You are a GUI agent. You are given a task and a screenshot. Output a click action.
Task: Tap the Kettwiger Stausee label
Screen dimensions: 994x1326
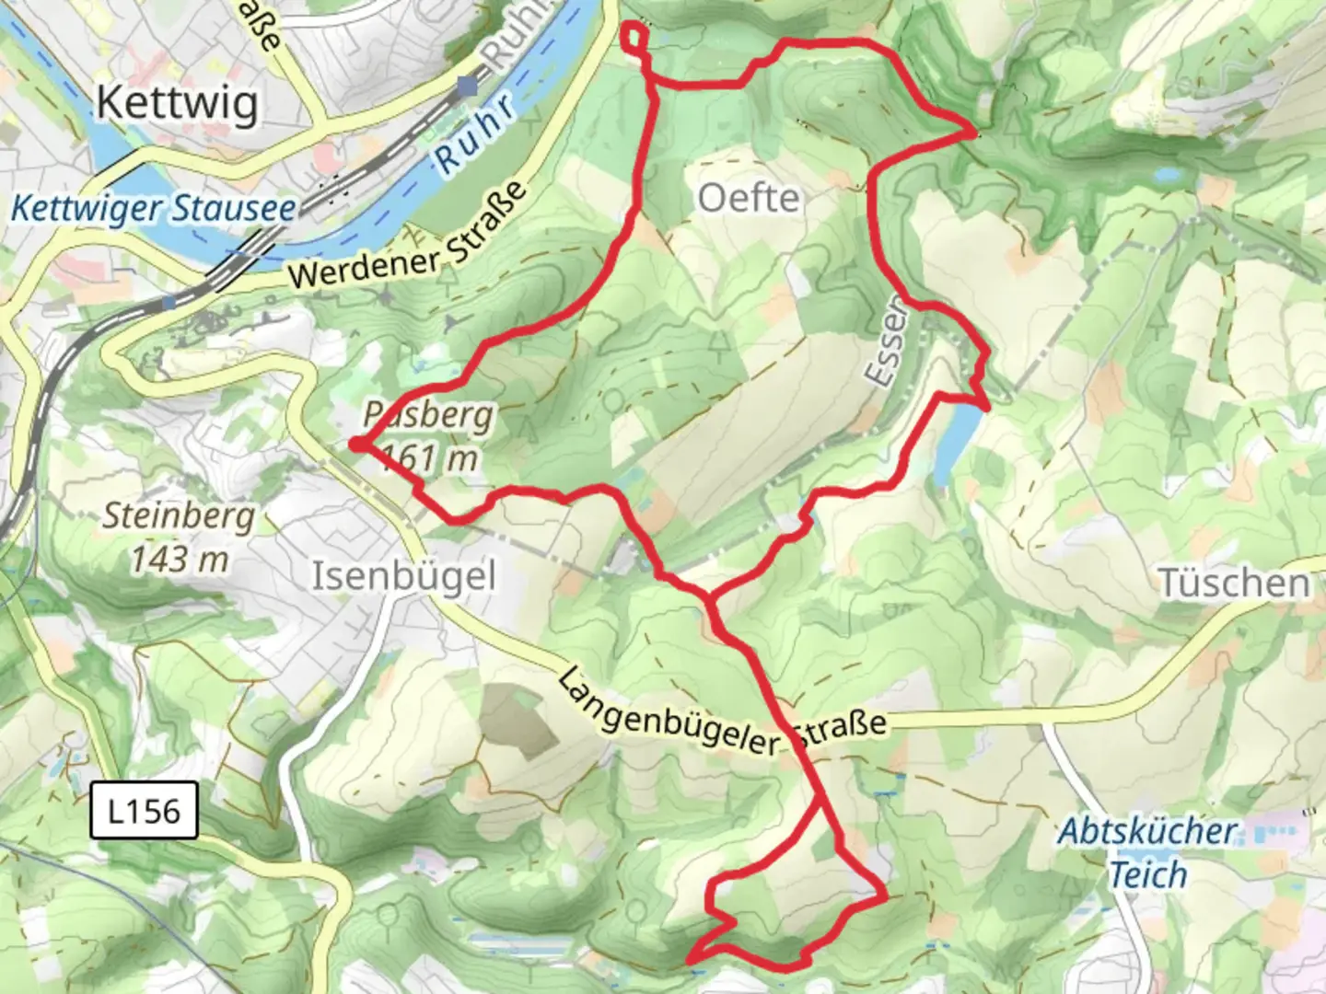pyautogui.click(x=153, y=208)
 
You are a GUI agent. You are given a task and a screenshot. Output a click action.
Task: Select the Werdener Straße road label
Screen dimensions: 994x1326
pyautogui.click(x=407, y=237)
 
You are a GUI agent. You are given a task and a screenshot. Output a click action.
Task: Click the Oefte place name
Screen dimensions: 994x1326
pyautogui.click(x=749, y=198)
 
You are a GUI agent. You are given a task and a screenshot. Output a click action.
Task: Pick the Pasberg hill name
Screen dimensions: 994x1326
pyautogui.click(x=429, y=416)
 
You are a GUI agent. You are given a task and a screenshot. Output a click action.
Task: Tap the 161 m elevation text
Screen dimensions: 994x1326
pyautogui.click(x=429, y=457)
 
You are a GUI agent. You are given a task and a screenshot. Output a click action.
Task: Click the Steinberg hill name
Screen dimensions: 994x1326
pyautogui.click(x=179, y=516)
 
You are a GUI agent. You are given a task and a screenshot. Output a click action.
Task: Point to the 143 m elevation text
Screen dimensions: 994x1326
pyautogui.click(x=179, y=559)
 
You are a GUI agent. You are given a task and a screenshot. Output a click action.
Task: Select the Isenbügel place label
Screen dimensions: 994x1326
pyautogui.click(x=404, y=577)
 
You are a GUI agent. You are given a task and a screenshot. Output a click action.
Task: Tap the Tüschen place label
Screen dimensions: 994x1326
pyautogui.click(x=1233, y=583)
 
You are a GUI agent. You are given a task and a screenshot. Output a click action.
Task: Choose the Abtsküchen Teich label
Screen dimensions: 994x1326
pyautogui.click(x=1147, y=852)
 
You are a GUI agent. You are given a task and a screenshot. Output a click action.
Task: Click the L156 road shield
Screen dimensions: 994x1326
pyautogui.click(x=144, y=811)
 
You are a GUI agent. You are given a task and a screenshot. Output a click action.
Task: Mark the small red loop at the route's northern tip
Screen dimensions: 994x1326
pyautogui.click(x=635, y=38)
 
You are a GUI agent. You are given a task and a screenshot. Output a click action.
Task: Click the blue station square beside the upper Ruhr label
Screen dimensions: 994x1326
pyautogui.click(x=468, y=87)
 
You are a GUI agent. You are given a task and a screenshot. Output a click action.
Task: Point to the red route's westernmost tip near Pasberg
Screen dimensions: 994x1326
pyautogui.click(x=355, y=445)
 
